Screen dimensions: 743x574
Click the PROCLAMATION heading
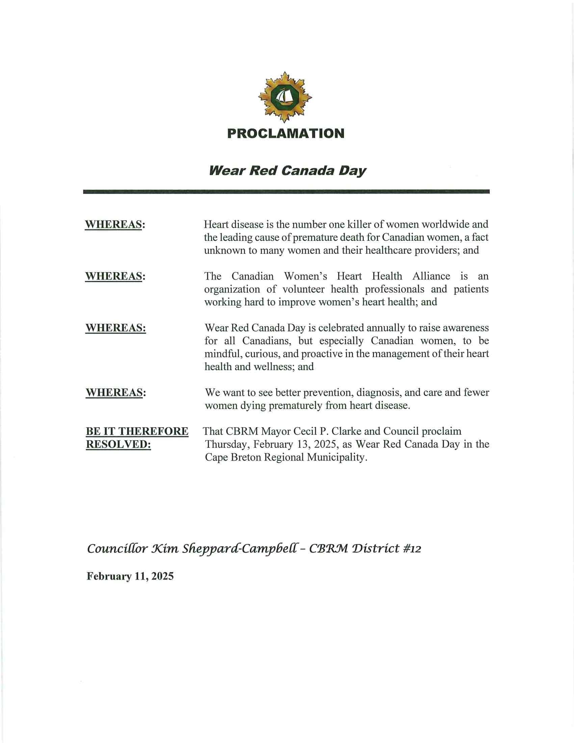(286, 133)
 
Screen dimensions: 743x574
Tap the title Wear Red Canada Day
(287, 171)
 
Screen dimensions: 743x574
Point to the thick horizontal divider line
(286, 192)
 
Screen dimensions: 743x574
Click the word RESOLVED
(118, 445)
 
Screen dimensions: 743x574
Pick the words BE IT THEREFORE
(137, 431)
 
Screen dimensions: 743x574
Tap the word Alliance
(431, 276)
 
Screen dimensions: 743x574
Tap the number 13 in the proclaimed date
(303, 445)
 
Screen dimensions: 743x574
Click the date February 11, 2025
(130, 576)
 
